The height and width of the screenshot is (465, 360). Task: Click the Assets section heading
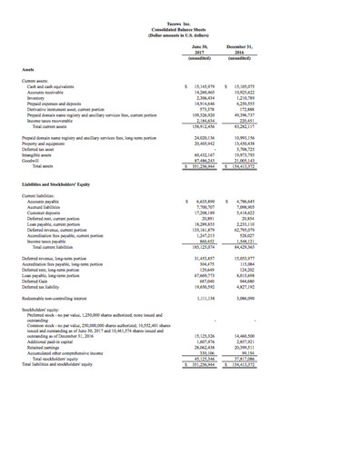click(x=31, y=67)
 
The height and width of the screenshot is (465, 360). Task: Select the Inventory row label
click(x=42, y=95)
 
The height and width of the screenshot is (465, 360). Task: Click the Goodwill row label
click(x=39, y=162)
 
